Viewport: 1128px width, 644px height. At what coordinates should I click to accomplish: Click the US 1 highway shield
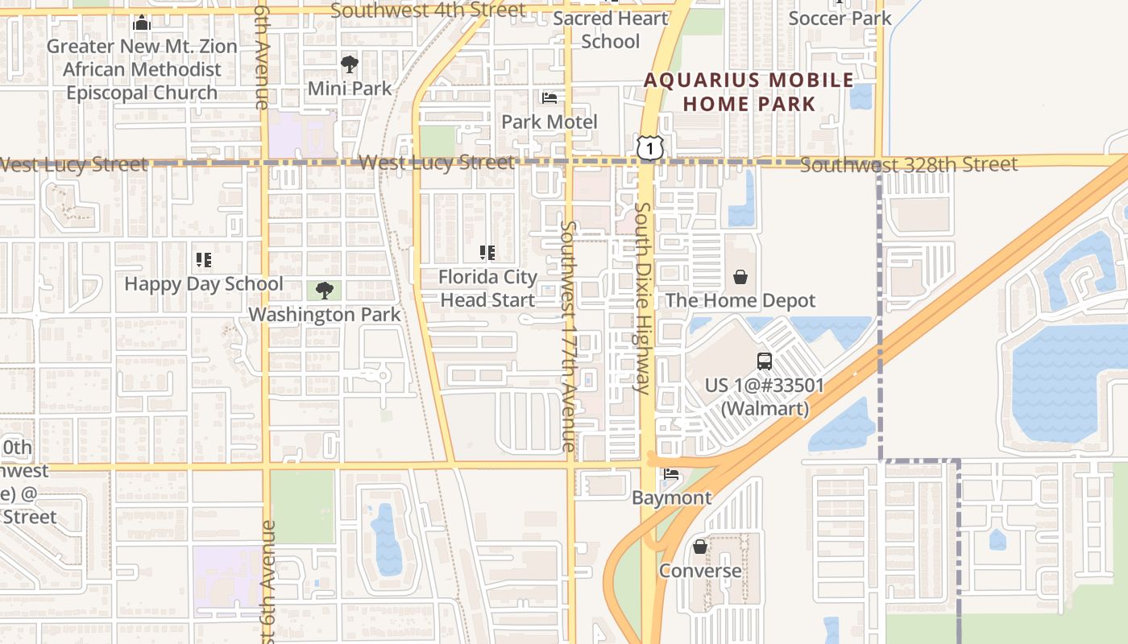pos(649,148)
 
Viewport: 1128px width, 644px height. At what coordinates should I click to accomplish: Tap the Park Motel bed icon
pos(549,98)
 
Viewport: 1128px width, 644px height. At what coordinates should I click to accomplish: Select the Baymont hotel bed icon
pos(671,474)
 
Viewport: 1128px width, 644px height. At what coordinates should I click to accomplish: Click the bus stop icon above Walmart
pos(765,361)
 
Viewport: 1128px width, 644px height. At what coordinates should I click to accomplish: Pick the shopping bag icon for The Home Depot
pos(740,278)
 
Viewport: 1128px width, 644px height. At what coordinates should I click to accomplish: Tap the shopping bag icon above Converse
pos(700,547)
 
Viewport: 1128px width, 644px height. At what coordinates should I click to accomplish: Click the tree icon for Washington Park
pos(325,291)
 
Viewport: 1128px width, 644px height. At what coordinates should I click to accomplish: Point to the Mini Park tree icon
pos(350,64)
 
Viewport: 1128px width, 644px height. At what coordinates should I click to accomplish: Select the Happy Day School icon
pos(204,260)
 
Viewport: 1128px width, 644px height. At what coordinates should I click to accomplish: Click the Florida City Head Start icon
pos(487,253)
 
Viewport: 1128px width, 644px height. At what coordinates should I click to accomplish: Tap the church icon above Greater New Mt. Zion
pos(142,23)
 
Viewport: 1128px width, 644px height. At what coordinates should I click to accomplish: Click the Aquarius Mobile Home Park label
pos(749,92)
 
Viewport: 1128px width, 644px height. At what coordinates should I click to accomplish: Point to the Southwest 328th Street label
pos(909,165)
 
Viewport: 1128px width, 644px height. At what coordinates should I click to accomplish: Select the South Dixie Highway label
pos(642,298)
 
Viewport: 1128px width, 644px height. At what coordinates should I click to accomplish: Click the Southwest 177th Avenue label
pos(569,336)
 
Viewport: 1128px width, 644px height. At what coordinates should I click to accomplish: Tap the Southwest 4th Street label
pos(428,10)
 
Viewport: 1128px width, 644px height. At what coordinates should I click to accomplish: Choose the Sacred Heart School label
pos(611,30)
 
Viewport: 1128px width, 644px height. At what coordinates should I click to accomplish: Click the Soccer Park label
pos(840,18)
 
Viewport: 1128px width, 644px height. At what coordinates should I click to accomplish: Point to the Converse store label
pos(700,571)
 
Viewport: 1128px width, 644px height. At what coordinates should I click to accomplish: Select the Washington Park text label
pos(325,314)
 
